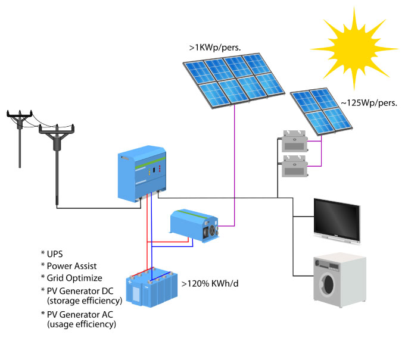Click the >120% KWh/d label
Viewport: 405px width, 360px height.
pyautogui.click(x=213, y=283)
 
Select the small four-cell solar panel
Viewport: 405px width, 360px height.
pyautogui.click(x=321, y=110)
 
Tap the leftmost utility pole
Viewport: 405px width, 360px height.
pyautogui.click(x=20, y=137)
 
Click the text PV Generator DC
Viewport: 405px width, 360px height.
pyautogui.click(x=80, y=290)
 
